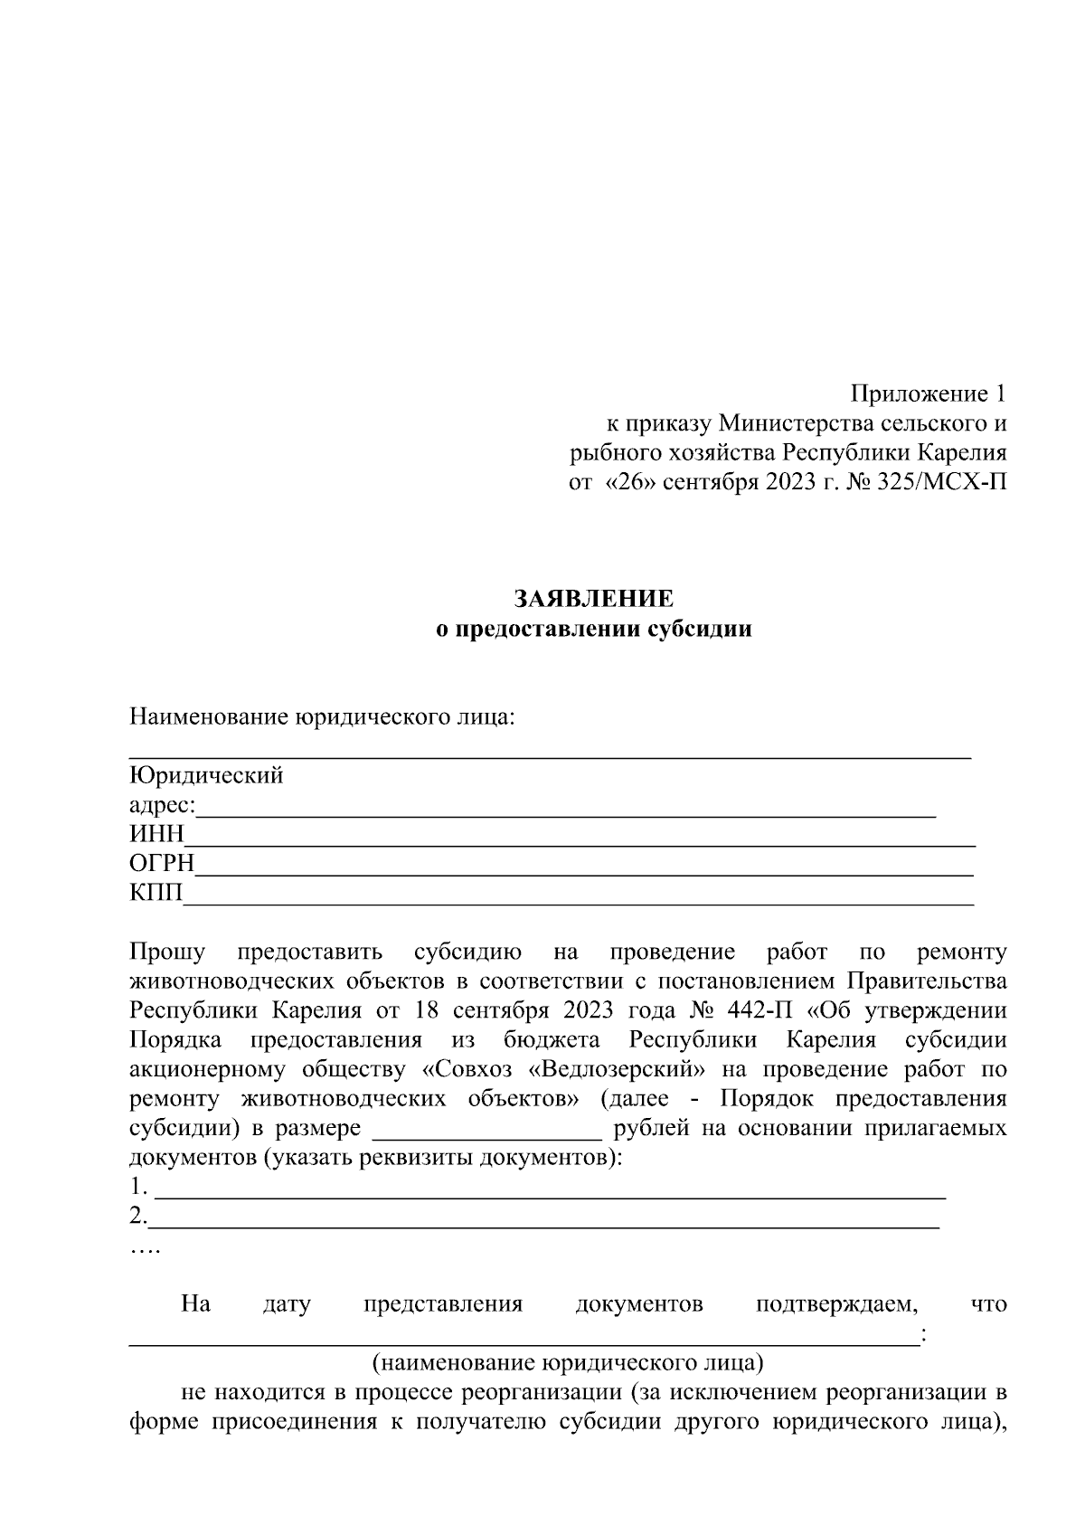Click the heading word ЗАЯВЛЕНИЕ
(593, 599)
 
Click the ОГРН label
(162, 864)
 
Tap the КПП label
(156, 894)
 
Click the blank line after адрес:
(565, 808)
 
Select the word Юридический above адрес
(206, 775)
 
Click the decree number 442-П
(760, 1009)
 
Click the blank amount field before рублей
(486, 1131)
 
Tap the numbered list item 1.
(137, 1186)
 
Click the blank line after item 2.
(542, 1218)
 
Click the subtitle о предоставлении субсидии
(593, 630)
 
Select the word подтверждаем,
(836, 1304)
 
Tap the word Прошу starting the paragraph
(167, 952)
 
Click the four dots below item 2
(144, 1250)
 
